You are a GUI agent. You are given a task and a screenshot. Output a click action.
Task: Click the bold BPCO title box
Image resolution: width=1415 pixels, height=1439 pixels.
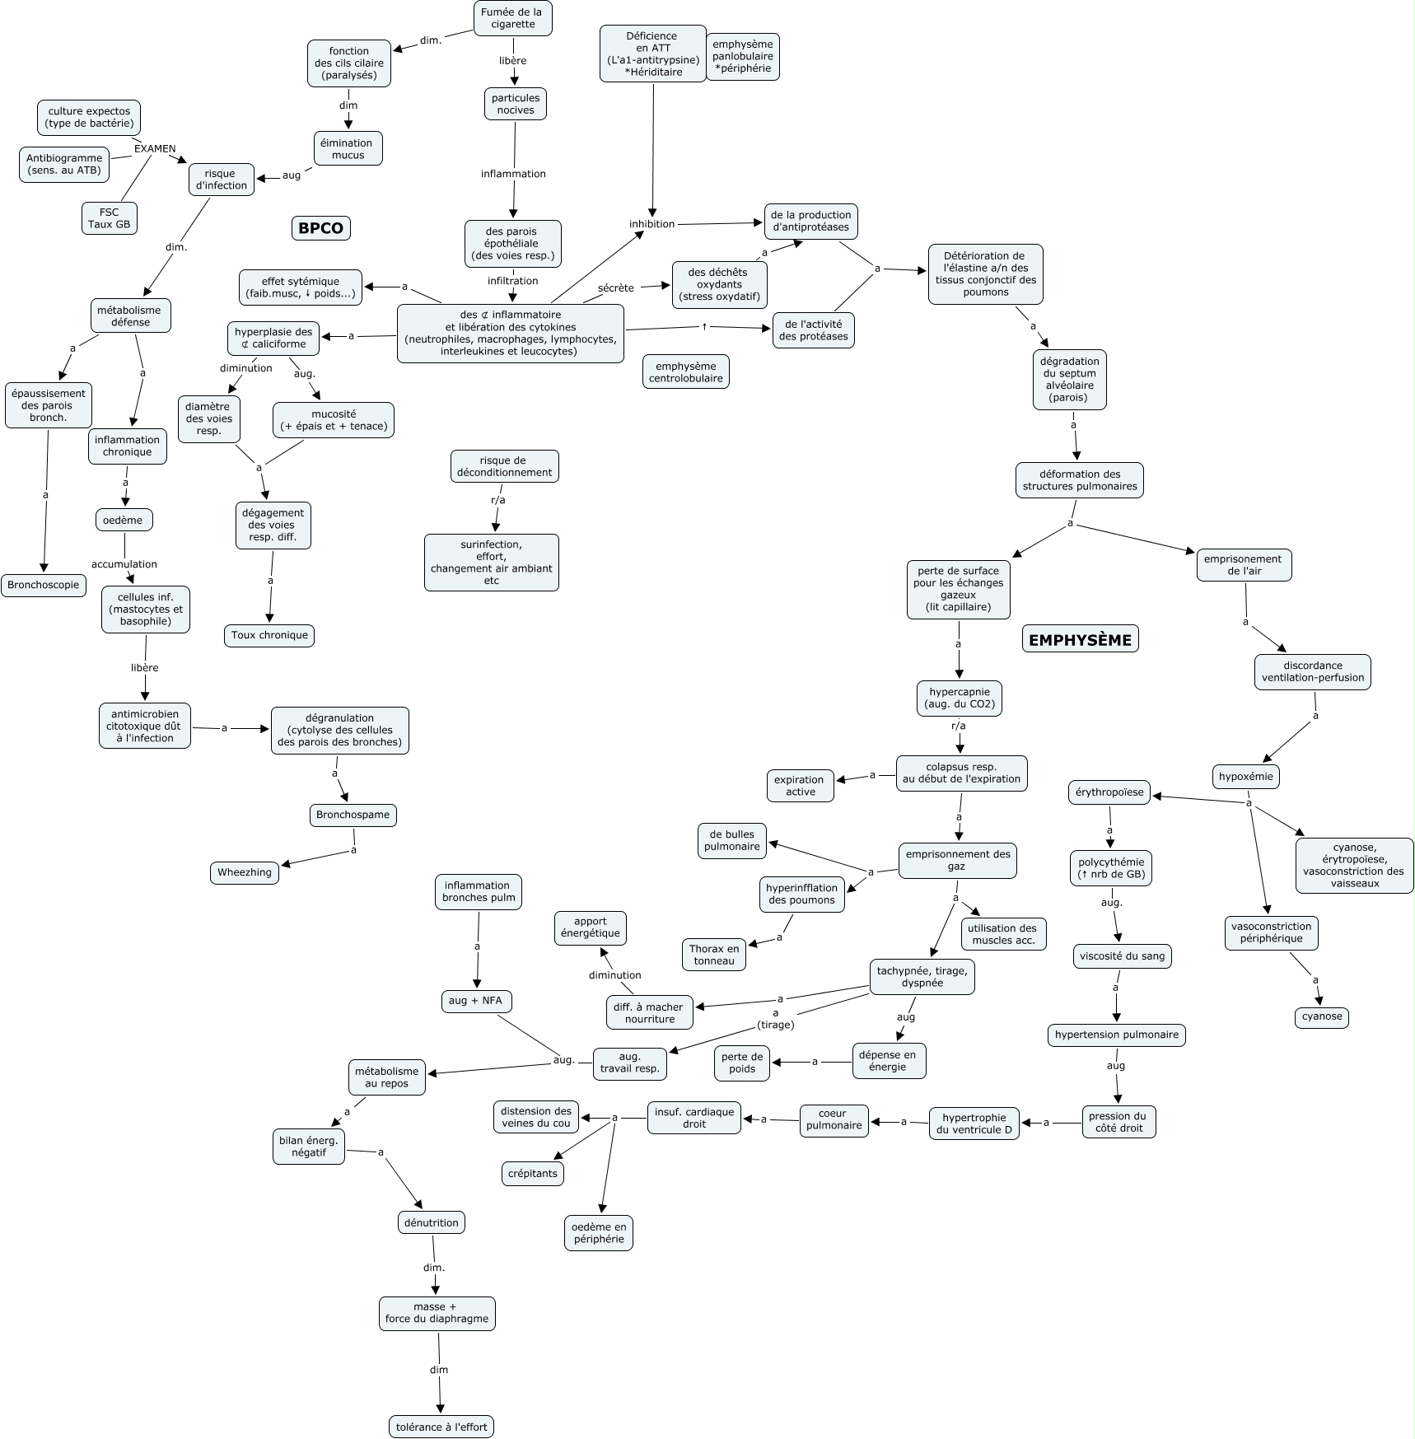coord(321,228)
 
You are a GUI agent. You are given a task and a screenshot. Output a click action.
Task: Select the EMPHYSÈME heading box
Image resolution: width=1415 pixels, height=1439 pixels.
coord(1080,639)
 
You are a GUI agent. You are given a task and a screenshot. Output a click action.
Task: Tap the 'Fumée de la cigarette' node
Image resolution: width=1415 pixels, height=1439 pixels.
coord(513,18)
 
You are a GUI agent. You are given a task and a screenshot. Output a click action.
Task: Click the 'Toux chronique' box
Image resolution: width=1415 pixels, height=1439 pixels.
coord(269,635)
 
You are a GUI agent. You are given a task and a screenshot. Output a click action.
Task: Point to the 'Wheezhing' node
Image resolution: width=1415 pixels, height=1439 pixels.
coord(245,873)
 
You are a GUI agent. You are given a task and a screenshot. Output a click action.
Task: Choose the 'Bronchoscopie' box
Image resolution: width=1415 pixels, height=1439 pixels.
coord(44,586)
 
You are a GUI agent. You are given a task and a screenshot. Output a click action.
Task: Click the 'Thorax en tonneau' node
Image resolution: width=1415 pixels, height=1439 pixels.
coord(714,955)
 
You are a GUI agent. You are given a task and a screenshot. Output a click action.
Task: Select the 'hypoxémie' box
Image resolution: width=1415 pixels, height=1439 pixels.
coord(1245,776)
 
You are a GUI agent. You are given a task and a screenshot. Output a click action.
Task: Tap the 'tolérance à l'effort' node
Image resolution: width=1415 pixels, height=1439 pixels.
coord(441,1427)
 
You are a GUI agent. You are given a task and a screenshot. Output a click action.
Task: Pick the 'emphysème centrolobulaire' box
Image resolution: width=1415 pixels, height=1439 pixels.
coord(685,372)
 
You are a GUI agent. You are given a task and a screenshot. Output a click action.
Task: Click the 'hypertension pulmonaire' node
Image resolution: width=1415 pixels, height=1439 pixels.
coord(1116,1035)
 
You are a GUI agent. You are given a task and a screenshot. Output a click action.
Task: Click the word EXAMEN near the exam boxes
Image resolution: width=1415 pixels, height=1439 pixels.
coord(155,149)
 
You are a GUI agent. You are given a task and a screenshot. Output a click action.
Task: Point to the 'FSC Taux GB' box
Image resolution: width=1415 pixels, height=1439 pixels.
coord(110,217)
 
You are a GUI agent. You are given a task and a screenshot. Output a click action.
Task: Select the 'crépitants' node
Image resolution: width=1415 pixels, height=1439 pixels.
coord(533,1174)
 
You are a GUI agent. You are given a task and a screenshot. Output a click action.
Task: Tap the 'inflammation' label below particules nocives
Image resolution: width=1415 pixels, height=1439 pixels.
coord(513,174)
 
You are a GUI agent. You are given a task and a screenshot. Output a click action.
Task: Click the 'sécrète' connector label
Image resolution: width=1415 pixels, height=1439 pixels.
coord(616,287)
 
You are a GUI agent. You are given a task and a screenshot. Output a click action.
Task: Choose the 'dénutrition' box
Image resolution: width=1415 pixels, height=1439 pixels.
coord(432,1222)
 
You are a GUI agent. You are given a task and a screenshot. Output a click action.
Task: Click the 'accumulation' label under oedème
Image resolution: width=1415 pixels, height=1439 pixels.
coord(124,564)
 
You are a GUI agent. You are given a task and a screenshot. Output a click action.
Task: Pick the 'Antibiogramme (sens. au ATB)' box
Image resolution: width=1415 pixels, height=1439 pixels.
coord(64,164)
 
